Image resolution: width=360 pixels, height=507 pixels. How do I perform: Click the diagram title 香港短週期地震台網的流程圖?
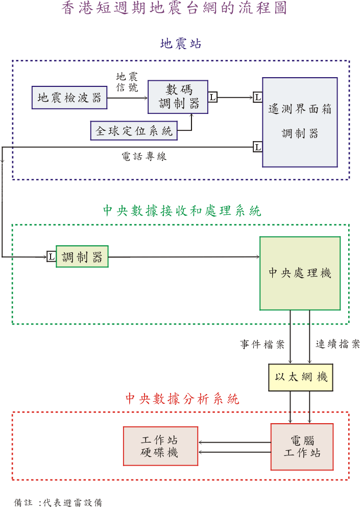174,9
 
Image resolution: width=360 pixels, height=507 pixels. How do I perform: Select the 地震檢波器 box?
69,98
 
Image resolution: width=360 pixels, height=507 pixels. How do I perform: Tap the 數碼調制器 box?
178,97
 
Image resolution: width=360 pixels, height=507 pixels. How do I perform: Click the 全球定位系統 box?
134,131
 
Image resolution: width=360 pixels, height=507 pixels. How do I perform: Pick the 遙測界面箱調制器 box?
300,122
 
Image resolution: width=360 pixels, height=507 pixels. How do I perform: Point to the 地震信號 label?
127,82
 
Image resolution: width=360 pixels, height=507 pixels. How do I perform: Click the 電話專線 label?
144,157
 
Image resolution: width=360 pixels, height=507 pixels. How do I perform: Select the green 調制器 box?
82,257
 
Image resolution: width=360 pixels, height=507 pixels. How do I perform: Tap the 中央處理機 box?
300,273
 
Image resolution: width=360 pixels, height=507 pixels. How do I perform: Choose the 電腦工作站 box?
301,446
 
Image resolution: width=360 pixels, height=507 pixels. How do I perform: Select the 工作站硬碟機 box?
160,446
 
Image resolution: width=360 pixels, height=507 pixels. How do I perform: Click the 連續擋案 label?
337,344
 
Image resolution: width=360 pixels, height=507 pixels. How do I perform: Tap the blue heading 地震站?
181,44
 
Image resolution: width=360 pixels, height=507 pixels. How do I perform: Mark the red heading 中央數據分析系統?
182,399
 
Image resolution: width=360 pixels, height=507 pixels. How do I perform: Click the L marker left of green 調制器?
51,257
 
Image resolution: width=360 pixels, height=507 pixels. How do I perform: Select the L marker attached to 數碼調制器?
212,97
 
